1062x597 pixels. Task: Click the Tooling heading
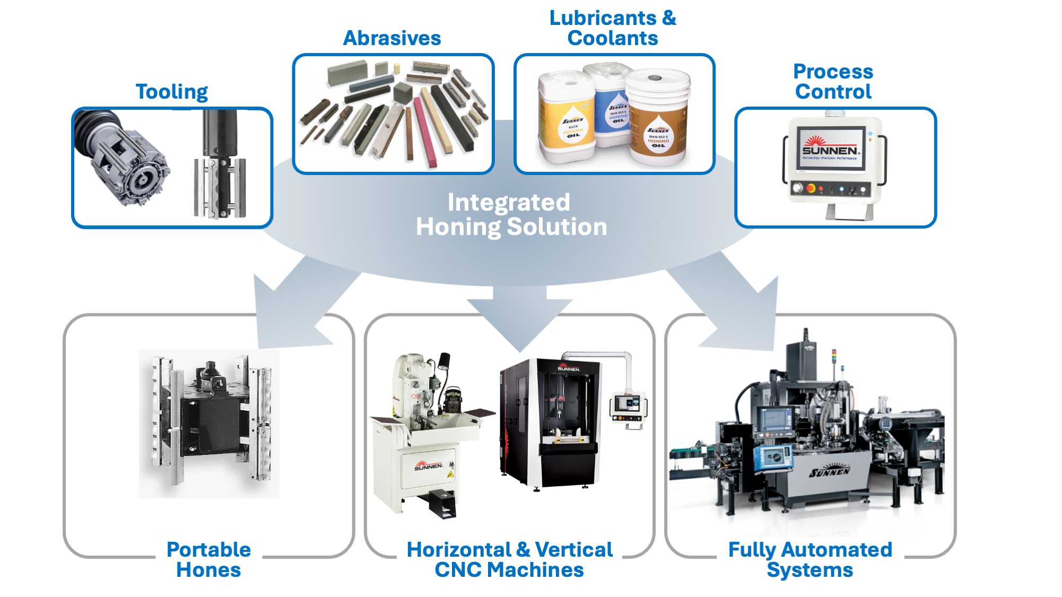coord(171,92)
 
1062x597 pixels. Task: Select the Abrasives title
coord(391,38)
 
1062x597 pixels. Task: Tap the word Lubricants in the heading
coord(603,18)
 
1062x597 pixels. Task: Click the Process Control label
coord(833,82)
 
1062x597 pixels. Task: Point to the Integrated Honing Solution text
coord(510,215)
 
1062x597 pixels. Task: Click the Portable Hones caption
coord(208,559)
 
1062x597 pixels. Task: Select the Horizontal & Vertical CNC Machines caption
coord(509,559)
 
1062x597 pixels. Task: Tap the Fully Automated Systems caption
coord(810,559)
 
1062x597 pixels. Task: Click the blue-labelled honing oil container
coord(613,106)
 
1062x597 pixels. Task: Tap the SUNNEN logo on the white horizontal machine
coord(429,466)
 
